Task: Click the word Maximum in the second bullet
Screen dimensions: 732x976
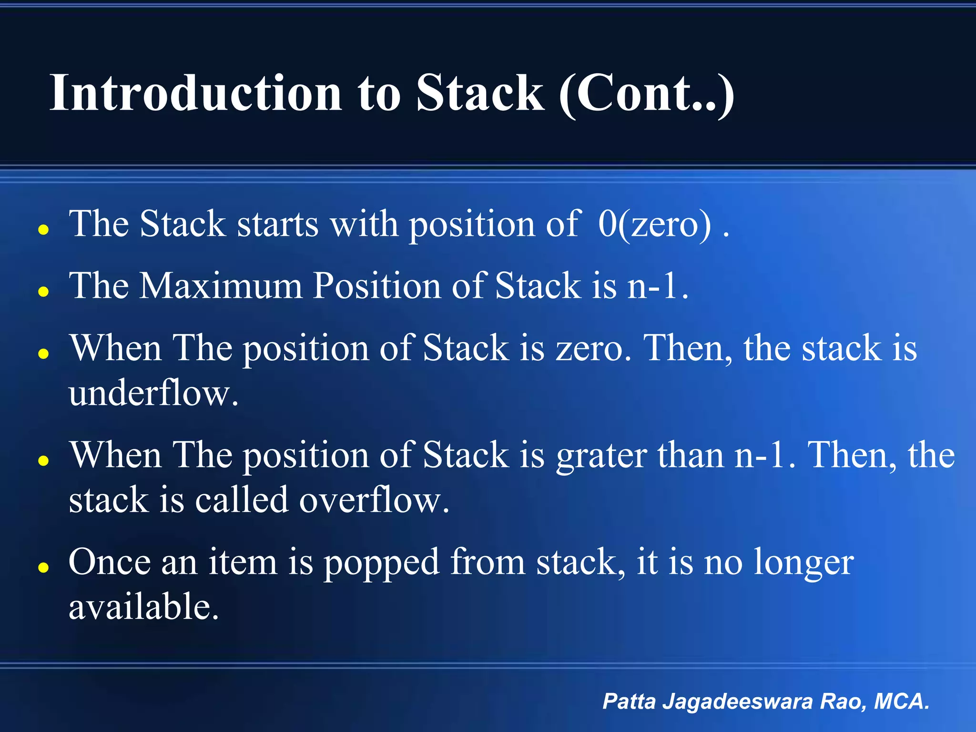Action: coord(220,286)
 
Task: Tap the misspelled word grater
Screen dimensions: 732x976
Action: coord(601,456)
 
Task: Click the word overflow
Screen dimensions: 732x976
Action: coord(374,500)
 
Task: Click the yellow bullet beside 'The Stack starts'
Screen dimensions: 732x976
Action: coord(44,230)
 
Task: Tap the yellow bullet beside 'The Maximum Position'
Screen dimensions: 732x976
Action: coord(44,292)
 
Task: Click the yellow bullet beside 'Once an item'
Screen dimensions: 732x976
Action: coord(44,568)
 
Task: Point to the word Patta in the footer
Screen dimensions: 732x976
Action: coord(629,701)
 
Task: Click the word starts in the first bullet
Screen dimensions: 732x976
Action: coord(277,224)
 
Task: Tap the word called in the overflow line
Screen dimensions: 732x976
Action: coord(241,500)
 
